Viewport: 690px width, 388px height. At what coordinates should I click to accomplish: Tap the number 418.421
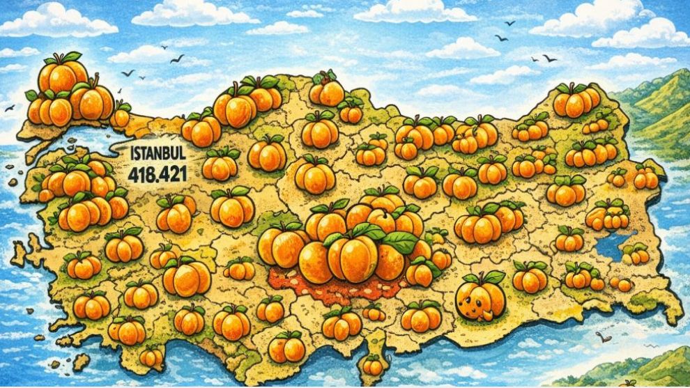click(x=158, y=175)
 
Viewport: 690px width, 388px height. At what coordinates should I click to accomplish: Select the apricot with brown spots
click(x=480, y=297)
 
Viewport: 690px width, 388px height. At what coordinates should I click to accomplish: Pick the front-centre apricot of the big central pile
click(x=353, y=258)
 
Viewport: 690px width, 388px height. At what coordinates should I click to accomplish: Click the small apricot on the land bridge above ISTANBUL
click(x=121, y=116)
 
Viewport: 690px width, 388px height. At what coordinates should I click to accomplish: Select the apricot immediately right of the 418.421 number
click(x=221, y=166)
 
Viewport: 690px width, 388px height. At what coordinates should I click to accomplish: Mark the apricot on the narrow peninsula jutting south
click(x=374, y=365)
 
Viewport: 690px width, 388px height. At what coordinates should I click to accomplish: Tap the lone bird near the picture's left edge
click(x=9, y=108)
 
